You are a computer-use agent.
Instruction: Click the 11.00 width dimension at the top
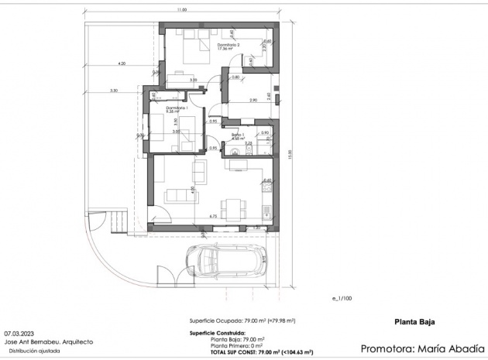tap(180, 10)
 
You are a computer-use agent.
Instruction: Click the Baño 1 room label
tap(238, 136)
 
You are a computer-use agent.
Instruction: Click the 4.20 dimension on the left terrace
tap(122, 63)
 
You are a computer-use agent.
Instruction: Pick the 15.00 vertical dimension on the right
tap(288, 154)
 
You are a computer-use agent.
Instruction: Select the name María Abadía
tap(440, 348)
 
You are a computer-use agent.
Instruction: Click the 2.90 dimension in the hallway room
tap(253, 101)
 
